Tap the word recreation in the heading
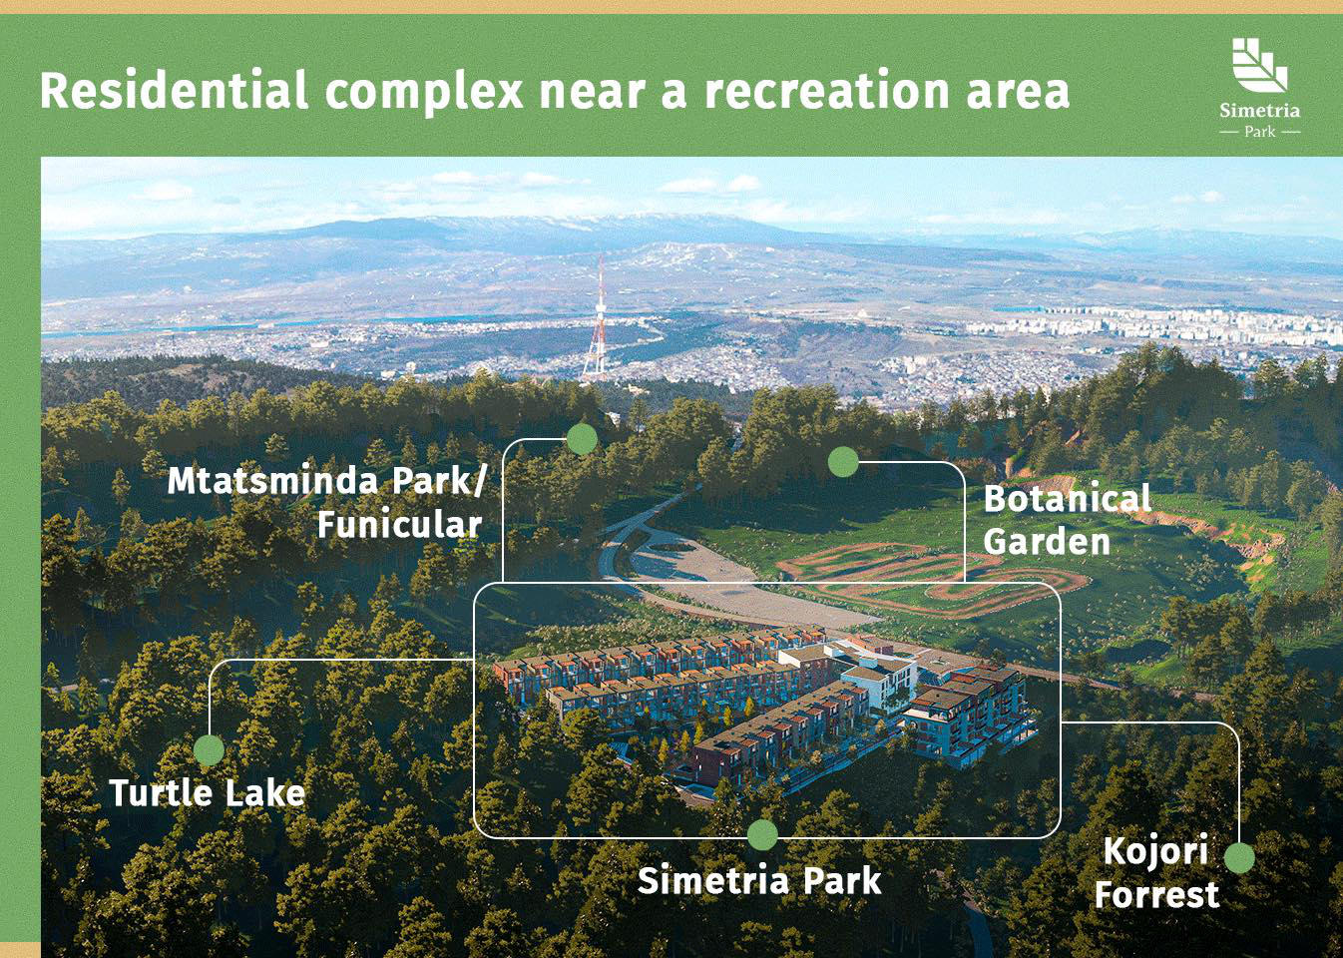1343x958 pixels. click(826, 91)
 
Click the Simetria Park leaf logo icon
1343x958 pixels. click(1259, 65)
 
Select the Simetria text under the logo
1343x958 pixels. click(1259, 111)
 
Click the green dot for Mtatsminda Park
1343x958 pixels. click(582, 438)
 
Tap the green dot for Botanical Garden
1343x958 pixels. click(843, 461)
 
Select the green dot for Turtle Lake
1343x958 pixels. click(209, 750)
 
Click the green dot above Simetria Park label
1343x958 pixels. click(762, 835)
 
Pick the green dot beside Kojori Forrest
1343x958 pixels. click(1239, 858)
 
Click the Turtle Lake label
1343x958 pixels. click(207, 793)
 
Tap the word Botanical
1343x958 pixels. click(1067, 499)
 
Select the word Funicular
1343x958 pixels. click(399, 525)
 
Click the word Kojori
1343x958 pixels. click(1155, 851)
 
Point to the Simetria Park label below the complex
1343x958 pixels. click(759, 881)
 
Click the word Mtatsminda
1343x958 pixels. click(272, 481)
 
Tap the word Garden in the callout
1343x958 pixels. click(1047, 542)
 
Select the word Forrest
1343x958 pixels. click(1156, 895)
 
